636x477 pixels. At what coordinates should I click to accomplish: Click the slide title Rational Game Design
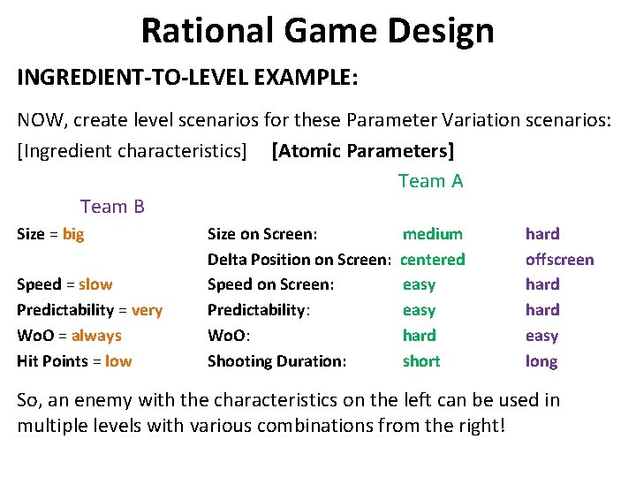317,31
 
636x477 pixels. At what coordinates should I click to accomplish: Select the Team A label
430,181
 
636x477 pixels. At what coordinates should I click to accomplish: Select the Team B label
112,207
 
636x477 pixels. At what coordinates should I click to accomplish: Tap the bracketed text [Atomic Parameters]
363,151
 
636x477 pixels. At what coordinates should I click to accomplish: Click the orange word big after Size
73,234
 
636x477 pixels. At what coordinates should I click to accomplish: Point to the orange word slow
95,284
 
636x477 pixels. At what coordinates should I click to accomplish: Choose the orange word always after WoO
96,336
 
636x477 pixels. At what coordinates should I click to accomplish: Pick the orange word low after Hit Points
118,361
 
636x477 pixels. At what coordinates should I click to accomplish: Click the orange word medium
432,234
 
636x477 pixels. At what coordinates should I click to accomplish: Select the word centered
433,260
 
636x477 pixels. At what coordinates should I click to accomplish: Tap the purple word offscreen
559,260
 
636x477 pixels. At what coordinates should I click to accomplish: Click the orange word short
421,361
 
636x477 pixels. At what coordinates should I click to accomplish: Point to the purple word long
541,361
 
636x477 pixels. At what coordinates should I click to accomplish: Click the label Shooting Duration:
276,361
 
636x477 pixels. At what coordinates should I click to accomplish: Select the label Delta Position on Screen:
299,260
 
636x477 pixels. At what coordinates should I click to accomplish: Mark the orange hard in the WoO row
419,336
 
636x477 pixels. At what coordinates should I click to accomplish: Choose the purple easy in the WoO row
541,336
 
